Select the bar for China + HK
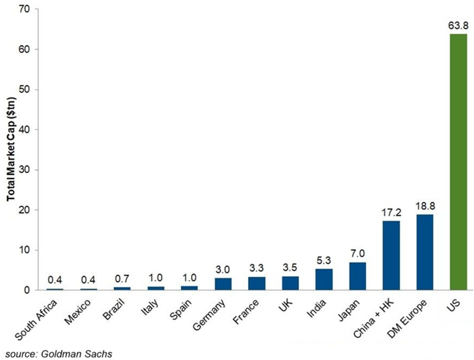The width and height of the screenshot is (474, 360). (391, 255)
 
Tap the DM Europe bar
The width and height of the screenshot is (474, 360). (424, 252)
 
